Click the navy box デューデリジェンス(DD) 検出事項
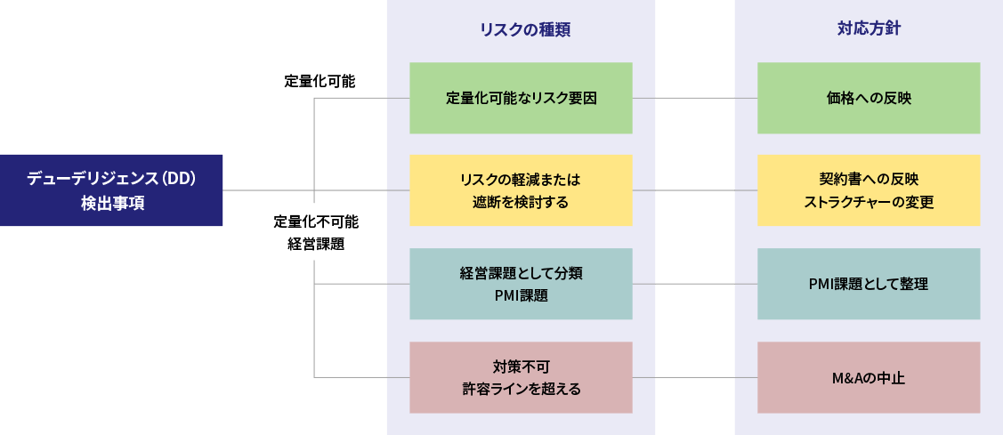click(x=111, y=190)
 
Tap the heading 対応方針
click(x=869, y=28)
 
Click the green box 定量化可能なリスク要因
click(x=521, y=98)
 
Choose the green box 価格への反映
click(x=869, y=98)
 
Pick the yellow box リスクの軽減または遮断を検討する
click(x=521, y=190)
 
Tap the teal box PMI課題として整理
click(x=869, y=284)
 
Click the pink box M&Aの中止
click(x=869, y=377)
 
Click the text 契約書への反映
click(x=869, y=179)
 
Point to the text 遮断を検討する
click(x=521, y=203)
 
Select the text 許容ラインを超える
click(x=521, y=389)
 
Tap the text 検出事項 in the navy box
click(x=111, y=203)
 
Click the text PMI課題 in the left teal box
click(x=521, y=295)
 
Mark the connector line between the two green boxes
click(x=695, y=98)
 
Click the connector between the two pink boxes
click(x=695, y=377)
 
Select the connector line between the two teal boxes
click(x=695, y=284)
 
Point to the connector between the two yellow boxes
click(x=695, y=190)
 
